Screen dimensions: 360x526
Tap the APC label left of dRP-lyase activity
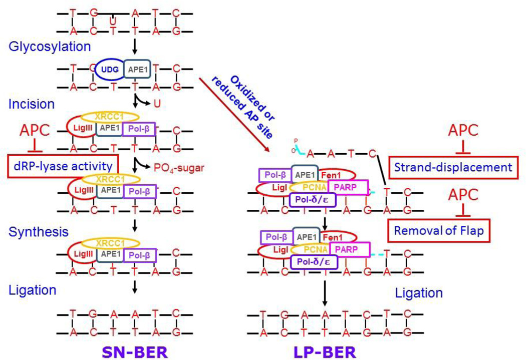pyautogui.click(x=35, y=131)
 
